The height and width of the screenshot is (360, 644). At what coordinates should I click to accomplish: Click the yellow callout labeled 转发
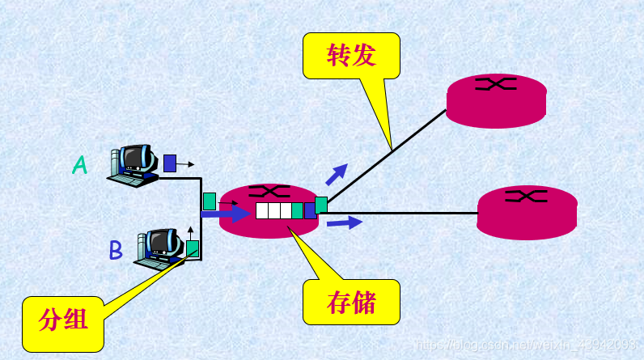(x=351, y=55)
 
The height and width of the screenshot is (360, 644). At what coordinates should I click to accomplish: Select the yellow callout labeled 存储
(x=351, y=302)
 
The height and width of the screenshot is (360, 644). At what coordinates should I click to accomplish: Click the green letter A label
(x=79, y=165)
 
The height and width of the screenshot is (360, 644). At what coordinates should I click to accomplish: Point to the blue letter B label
(x=116, y=250)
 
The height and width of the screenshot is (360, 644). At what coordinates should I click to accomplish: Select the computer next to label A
(x=134, y=165)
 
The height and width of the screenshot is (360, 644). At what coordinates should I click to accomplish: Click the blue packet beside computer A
(x=170, y=163)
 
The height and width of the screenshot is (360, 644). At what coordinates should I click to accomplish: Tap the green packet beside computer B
(x=193, y=248)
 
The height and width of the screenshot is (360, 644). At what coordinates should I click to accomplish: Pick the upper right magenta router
(x=496, y=100)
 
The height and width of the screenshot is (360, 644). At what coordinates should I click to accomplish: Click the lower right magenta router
(x=527, y=212)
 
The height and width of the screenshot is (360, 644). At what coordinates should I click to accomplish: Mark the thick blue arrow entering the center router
(x=226, y=214)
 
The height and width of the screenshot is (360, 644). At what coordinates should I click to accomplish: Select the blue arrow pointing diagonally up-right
(x=337, y=173)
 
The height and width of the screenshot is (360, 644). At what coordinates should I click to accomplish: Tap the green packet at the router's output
(x=321, y=205)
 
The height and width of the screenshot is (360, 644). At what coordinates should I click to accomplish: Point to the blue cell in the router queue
(x=309, y=211)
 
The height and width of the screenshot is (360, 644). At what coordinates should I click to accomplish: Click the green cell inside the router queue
(x=298, y=211)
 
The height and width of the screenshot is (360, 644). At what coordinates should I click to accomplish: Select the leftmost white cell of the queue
(x=261, y=211)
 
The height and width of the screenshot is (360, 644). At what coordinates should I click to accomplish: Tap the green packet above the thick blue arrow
(x=210, y=200)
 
